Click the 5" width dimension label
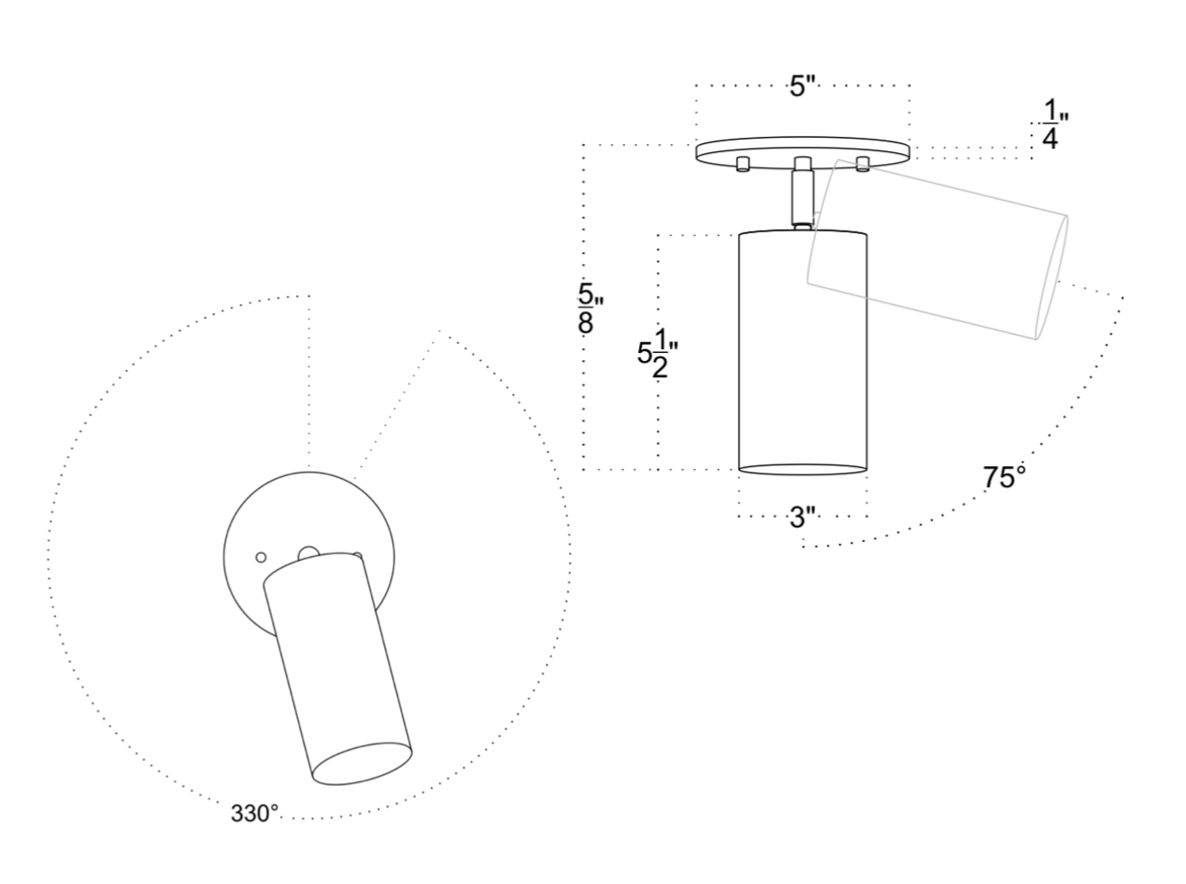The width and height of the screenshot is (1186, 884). pos(804,86)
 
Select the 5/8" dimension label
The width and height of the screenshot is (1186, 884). pos(590,309)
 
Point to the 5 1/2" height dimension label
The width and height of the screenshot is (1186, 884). pos(657,353)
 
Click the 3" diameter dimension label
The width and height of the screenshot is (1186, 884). pos(804,518)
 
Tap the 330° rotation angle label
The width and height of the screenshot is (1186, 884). pos(255,814)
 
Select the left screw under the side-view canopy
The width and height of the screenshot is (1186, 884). pos(743,164)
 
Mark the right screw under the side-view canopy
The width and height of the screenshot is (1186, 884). pos(862,164)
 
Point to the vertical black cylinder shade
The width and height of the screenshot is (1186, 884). pos(803,353)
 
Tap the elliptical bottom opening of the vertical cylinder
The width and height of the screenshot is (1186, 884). pos(803,469)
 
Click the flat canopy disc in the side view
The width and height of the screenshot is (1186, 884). pos(803,152)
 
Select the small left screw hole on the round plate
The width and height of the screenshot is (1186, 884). pos(261,557)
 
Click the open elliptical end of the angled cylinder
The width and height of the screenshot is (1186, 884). pos(362,764)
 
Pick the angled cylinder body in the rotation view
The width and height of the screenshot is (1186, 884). pos(337,669)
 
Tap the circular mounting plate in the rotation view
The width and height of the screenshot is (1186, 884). pos(309,556)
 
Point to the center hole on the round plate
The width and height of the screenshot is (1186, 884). pos(309,554)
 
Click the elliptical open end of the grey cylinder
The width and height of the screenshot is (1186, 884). pos(1052,278)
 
